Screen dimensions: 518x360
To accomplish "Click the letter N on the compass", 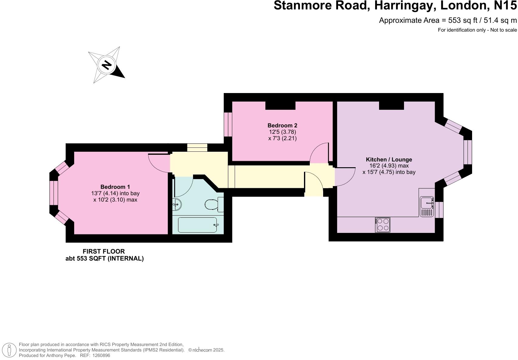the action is tap(107, 65).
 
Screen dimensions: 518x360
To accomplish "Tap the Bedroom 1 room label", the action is tap(115, 187).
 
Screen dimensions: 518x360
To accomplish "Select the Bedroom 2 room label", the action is tap(282, 125).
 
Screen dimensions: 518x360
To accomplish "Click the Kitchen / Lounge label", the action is tap(389, 159).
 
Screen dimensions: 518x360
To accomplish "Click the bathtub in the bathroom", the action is tap(198, 225).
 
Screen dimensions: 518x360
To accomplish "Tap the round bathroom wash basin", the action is tap(177, 204).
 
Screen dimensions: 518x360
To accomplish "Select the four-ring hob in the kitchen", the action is tap(382, 225).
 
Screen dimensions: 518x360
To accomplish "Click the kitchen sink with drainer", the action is tap(427, 207).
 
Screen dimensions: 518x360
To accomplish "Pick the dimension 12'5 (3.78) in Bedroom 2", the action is tap(282, 132).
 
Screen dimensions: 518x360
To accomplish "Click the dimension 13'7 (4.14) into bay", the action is tap(115, 193).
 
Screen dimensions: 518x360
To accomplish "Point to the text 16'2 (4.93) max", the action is tap(389, 166).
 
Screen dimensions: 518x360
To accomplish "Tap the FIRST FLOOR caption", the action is tap(104, 251).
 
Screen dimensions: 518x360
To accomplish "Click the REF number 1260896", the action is tap(101, 355).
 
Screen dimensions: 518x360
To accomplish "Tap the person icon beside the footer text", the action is tap(9, 350).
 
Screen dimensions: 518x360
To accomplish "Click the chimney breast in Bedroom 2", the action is tap(280, 106).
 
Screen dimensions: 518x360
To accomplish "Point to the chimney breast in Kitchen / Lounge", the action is tap(391, 106).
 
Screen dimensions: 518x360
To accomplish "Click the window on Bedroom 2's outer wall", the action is tap(228, 124).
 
